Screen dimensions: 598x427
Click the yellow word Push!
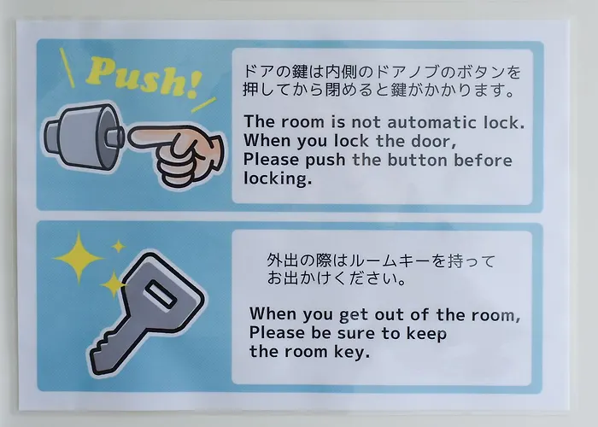143,77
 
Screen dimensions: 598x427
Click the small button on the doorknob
114,137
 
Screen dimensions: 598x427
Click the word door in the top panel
434,141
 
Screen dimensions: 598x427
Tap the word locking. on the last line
278,178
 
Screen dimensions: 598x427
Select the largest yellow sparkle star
79,258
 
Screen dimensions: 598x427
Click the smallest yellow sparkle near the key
119,246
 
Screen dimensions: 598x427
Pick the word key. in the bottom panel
352,352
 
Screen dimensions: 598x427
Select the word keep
426,334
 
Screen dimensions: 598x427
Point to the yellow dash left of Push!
67,67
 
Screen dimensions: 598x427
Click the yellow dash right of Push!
203,105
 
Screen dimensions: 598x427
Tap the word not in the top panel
366,122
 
